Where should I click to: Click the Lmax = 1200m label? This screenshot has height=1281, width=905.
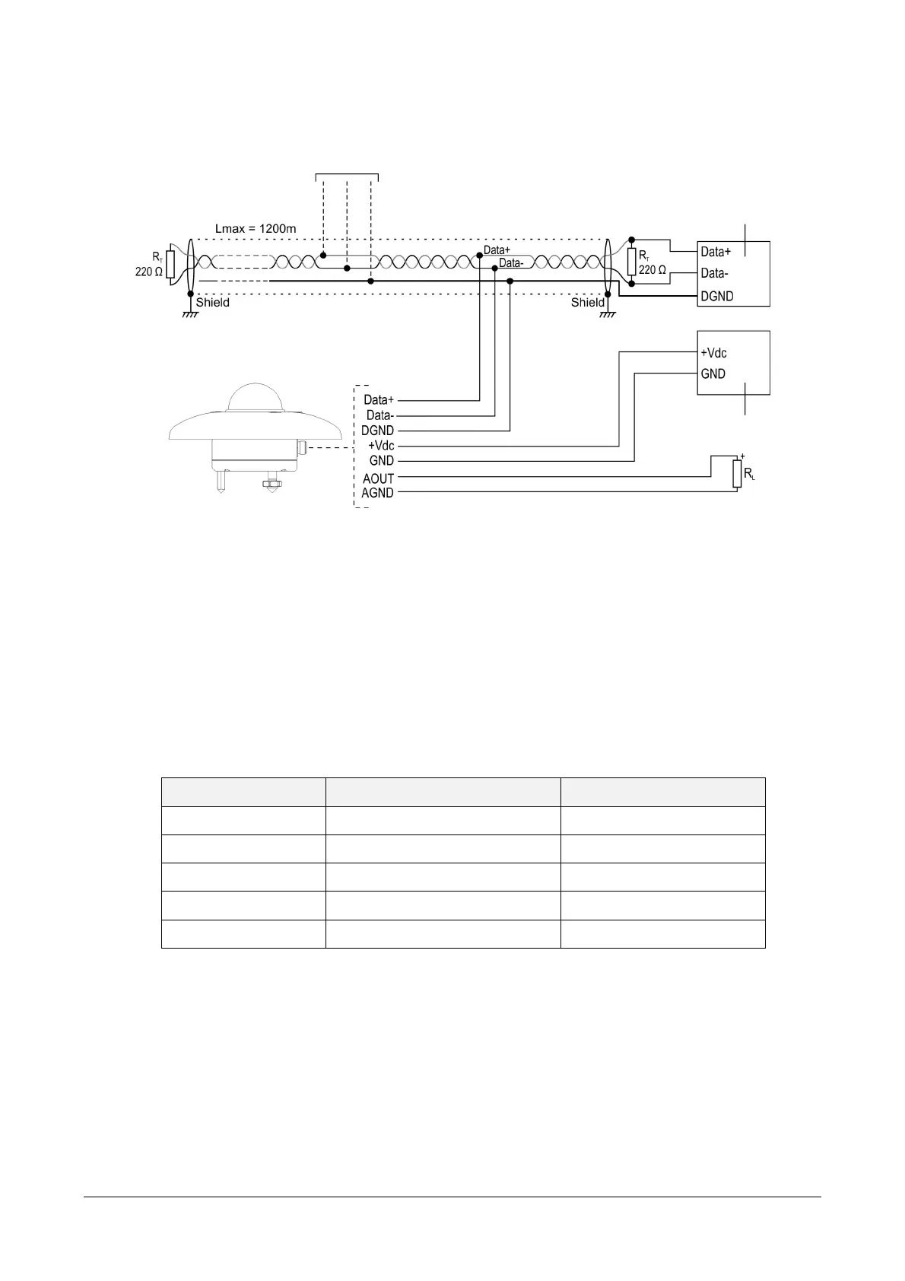(256, 229)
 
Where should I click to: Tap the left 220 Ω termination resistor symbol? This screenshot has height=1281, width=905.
(170, 264)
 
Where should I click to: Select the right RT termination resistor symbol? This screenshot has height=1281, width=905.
(632, 262)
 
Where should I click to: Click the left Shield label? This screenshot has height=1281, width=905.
(213, 303)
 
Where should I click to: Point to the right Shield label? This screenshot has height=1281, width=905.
(587, 303)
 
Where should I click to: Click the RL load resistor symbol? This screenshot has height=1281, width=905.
(737, 474)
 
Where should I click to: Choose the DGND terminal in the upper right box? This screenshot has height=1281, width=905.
(717, 296)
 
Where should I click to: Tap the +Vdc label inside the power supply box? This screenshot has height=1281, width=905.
(713, 353)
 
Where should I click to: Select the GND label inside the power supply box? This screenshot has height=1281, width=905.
(713, 374)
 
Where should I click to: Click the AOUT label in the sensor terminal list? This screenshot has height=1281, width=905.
(379, 478)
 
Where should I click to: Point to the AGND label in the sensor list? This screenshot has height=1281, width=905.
(377, 493)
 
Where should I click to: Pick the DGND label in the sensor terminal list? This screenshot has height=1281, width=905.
(377, 431)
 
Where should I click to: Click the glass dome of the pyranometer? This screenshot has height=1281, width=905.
(256, 397)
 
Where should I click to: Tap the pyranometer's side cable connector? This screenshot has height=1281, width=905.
(302, 448)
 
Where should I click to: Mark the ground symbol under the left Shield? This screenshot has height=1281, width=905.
(190, 314)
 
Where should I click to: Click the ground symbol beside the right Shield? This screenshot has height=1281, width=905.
(608, 314)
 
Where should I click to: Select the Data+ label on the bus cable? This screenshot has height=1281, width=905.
(497, 250)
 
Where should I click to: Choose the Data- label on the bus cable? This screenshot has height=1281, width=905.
(511, 263)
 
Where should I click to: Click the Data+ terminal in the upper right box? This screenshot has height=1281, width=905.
(716, 252)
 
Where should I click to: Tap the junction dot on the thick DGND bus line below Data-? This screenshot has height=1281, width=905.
(510, 281)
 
